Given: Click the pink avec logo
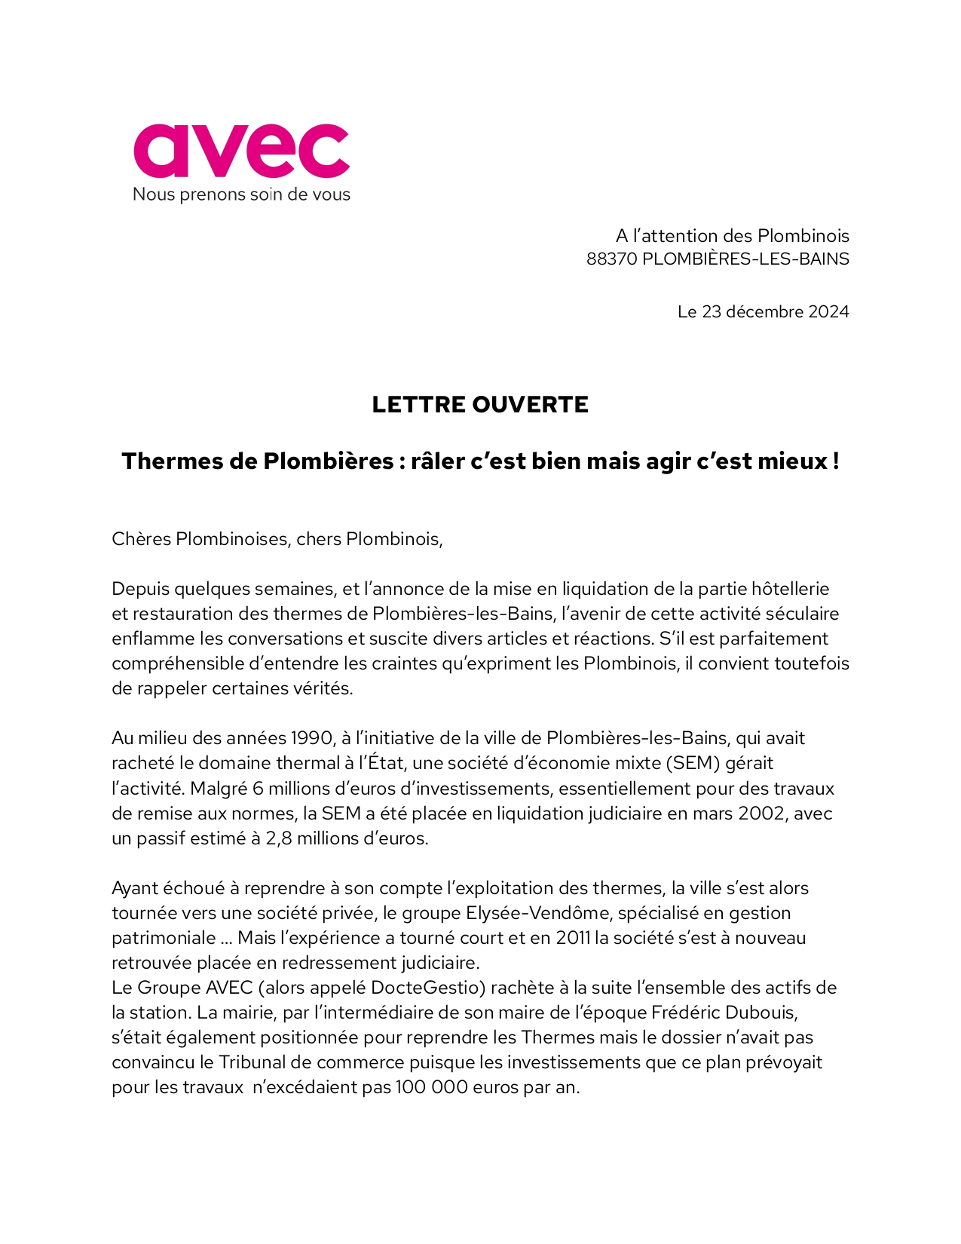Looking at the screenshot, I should (241, 151).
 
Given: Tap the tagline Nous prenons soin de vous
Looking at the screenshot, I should (241, 195).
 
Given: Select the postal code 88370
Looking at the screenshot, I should (611, 259).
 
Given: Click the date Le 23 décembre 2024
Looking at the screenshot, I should (763, 311).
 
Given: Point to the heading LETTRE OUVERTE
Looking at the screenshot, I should (480, 404).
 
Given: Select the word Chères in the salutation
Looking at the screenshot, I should (141, 539).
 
